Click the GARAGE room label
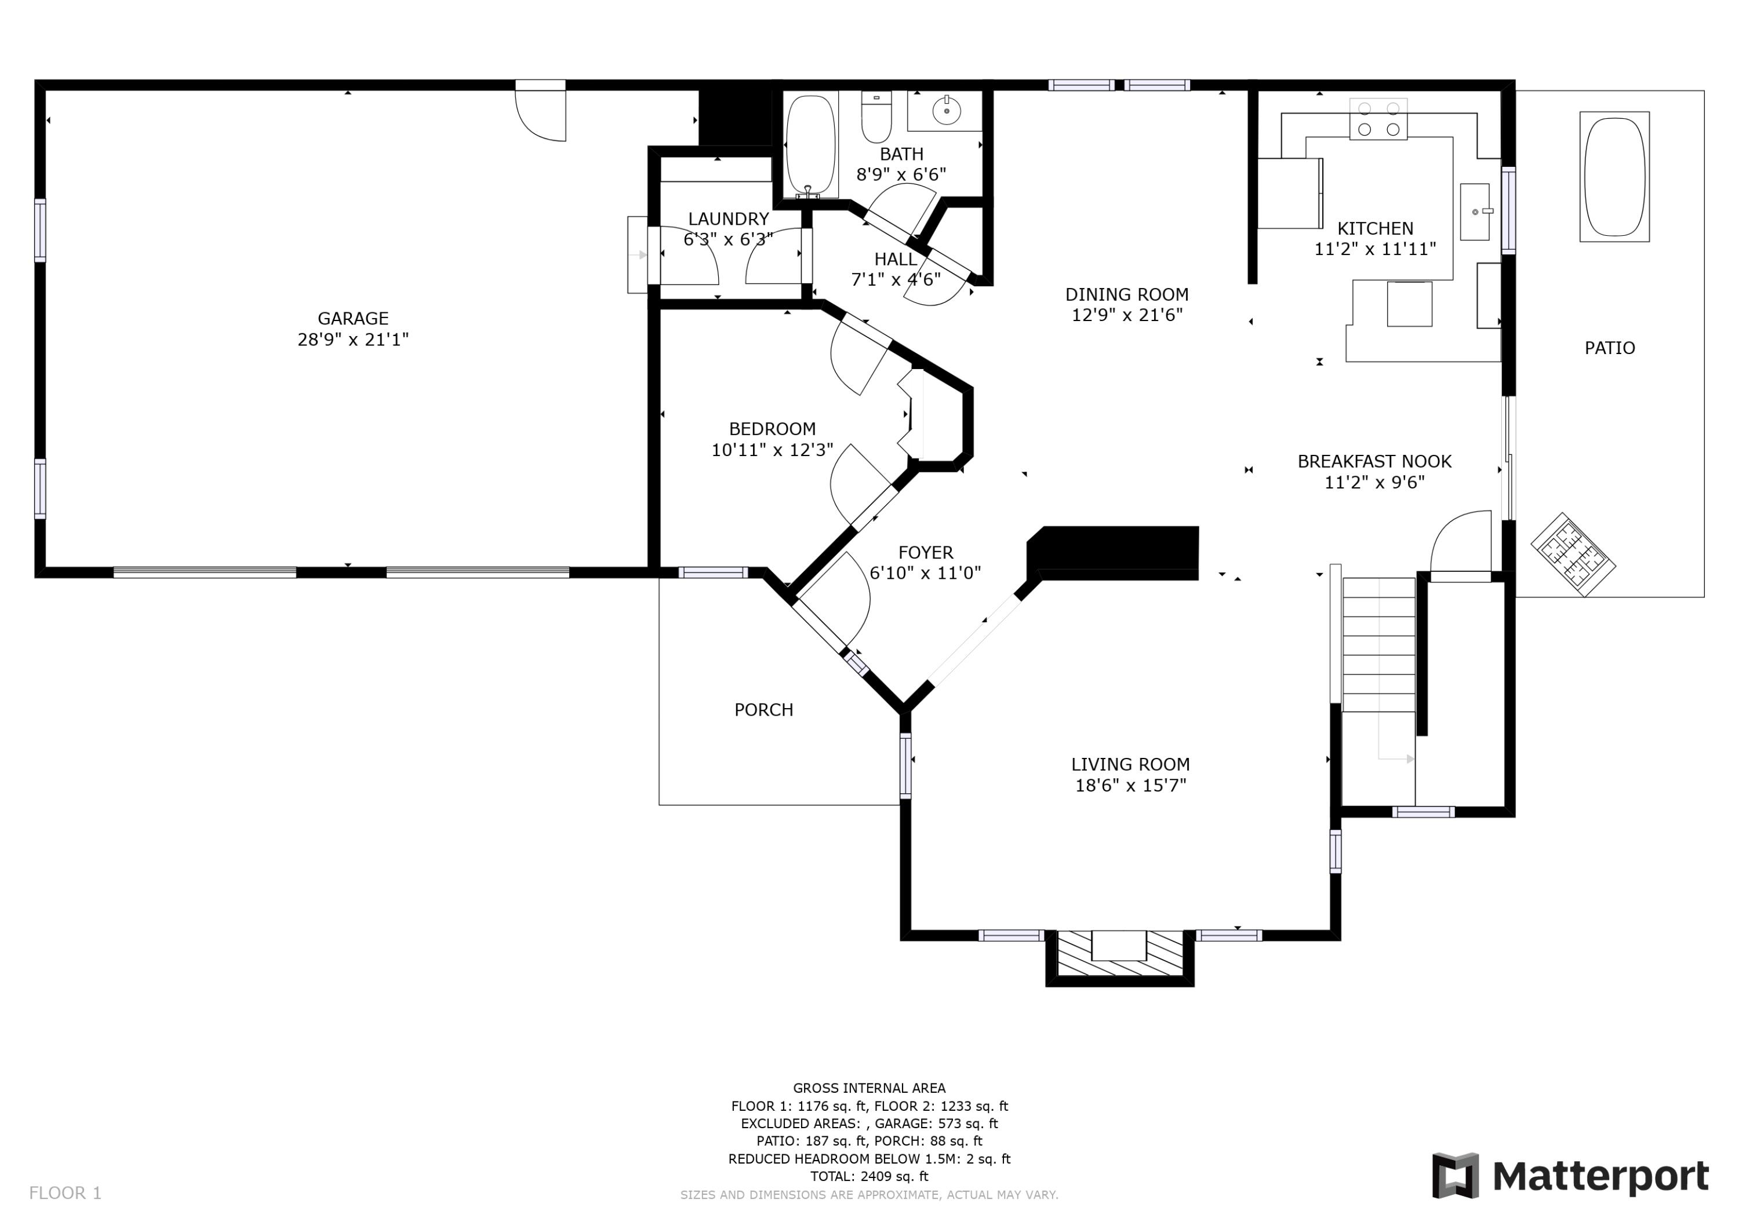pyautogui.click(x=352, y=319)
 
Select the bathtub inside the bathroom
pyautogui.click(x=810, y=145)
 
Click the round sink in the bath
pyautogui.click(x=946, y=111)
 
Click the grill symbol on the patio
pyautogui.click(x=1573, y=555)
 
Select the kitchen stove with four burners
pyautogui.click(x=1378, y=119)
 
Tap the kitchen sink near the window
pyautogui.click(x=1474, y=211)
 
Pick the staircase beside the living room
pyautogui.click(x=1378, y=644)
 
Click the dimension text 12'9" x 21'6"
pyautogui.click(x=1126, y=315)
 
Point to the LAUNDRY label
pyautogui.click(x=728, y=219)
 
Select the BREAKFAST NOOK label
pyautogui.click(x=1374, y=461)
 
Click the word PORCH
pyautogui.click(x=763, y=710)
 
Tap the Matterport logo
pyautogui.click(x=1570, y=1176)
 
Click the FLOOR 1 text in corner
pyautogui.click(x=65, y=1194)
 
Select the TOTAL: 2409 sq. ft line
pyautogui.click(x=869, y=1176)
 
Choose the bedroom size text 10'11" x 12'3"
pyautogui.click(x=772, y=450)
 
